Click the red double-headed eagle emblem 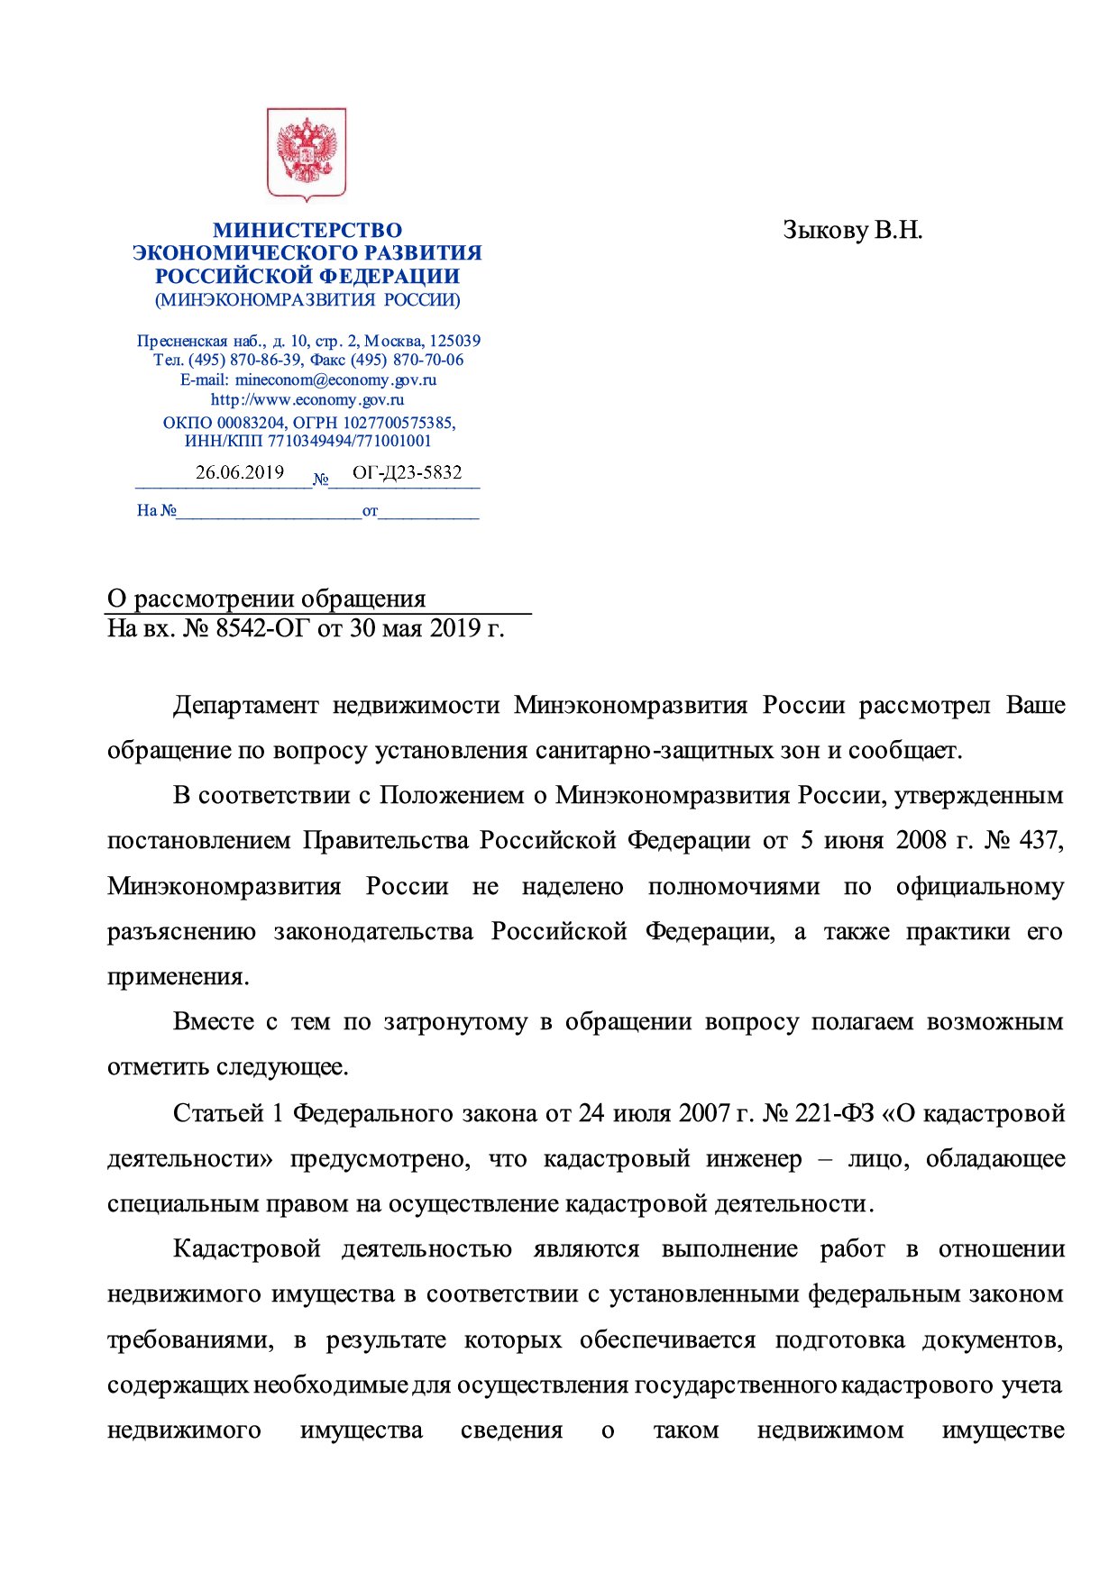pos(307,154)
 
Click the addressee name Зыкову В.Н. pos(852,231)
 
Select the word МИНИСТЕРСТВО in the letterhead pos(307,231)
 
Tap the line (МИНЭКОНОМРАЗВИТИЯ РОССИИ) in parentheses pos(307,300)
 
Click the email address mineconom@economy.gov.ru pos(335,379)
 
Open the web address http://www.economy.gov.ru pos(307,399)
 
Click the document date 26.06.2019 pos(240,472)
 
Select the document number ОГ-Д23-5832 pos(407,472)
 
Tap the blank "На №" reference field pos(269,511)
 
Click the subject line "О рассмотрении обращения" pos(266,599)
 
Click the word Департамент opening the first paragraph pos(245,705)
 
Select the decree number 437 pos(1040,841)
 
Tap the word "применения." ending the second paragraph pos(178,977)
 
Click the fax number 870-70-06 pos(428,360)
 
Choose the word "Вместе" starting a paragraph pos(214,1022)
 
